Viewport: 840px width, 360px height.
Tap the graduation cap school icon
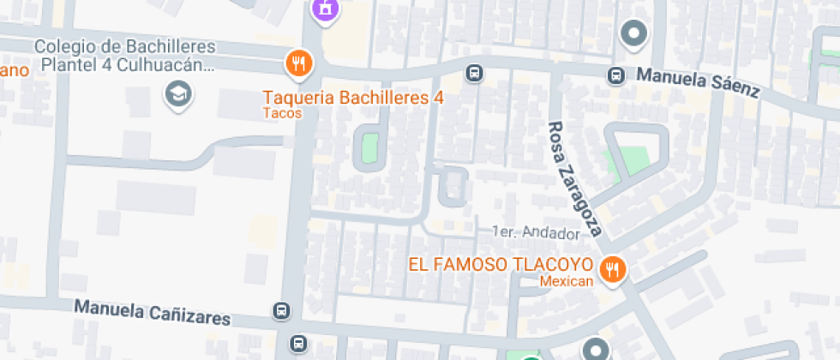[178, 93]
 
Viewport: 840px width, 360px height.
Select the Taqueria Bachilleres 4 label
[353, 98]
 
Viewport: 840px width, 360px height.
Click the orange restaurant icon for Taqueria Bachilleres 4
[298, 63]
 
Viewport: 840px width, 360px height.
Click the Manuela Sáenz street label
[697, 85]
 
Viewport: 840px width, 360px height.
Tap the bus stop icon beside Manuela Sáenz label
[615, 75]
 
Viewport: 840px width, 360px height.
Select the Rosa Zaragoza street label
[577, 177]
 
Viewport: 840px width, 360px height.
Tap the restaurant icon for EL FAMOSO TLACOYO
[612, 270]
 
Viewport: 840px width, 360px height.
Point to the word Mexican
[567, 282]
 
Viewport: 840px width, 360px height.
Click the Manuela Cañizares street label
[153, 312]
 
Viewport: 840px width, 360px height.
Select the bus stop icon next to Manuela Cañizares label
[281, 310]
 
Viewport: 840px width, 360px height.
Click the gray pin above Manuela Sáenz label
[634, 34]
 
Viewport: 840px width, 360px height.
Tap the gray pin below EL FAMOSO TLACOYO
[596, 350]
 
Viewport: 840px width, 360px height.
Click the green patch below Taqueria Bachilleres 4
[369, 146]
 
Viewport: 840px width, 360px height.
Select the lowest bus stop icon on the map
[297, 344]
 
